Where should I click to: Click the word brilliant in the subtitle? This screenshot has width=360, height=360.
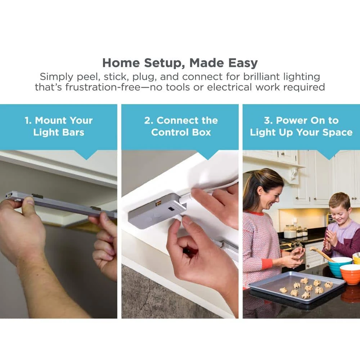(x=261, y=77)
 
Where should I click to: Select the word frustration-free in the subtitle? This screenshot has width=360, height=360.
(x=103, y=87)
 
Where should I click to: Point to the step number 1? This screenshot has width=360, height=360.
(x=28, y=120)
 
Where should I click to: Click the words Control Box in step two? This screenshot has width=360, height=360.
(x=181, y=132)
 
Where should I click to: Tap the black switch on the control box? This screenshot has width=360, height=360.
(x=171, y=209)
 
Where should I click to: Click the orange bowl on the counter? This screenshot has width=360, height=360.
(x=350, y=274)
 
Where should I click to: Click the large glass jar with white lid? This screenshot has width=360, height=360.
(x=290, y=231)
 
